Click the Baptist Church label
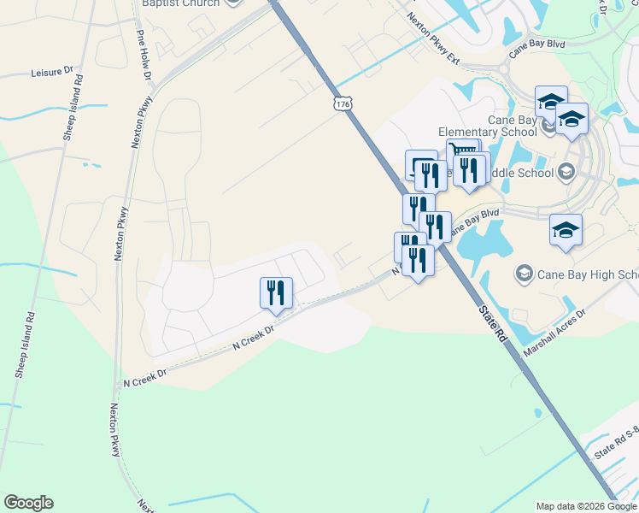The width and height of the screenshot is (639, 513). [180, 3]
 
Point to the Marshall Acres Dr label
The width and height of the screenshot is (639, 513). [555, 327]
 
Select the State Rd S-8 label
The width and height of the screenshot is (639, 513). [616, 445]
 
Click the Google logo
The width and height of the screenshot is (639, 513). [28, 503]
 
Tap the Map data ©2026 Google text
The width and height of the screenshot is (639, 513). [586, 506]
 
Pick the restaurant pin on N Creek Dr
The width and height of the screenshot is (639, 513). [276, 292]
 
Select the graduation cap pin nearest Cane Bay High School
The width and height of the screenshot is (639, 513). [566, 229]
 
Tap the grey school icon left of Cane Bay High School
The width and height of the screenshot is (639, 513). [523, 274]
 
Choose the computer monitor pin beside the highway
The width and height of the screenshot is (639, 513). [420, 164]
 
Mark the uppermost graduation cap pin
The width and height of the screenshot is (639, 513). [552, 100]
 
